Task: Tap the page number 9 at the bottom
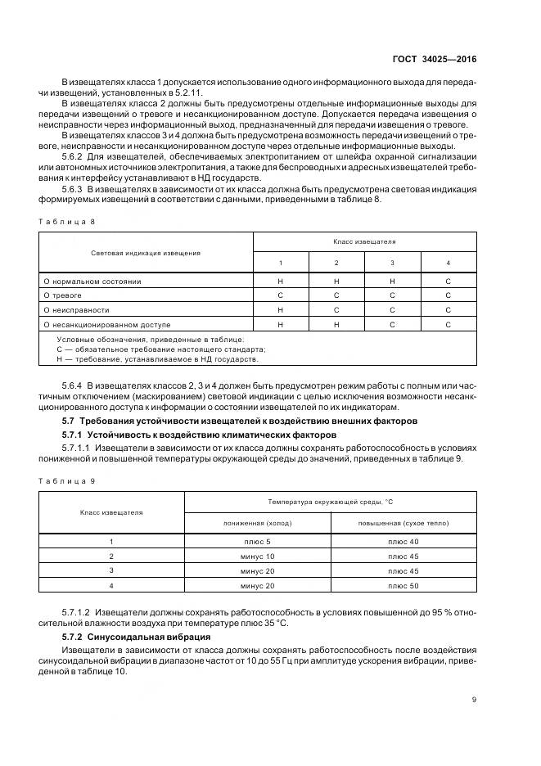point(475,699)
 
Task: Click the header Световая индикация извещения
point(146,253)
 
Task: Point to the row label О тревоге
point(63,295)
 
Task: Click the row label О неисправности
point(76,310)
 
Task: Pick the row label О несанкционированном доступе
point(104,325)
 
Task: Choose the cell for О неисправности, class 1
point(280,310)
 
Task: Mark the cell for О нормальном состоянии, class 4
point(448,281)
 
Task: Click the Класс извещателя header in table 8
point(364,242)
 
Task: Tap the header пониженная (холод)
point(258,523)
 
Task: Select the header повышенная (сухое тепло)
point(403,523)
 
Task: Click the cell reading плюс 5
point(258,542)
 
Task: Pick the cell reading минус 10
point(258,556)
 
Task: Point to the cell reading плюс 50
point(403,586)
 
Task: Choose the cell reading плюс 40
point(403,542)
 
